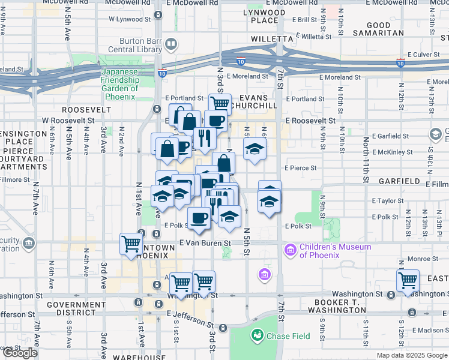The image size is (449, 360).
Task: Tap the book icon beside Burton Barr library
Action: pyautogui.click(x=171, y=44)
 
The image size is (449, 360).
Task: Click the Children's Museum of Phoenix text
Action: pyautogui.click(x=335, y=251)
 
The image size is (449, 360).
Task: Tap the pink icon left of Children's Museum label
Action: pyautogui.click(x=291, y=248)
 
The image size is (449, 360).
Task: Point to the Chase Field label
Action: pyautogui.click(x=288, y=336)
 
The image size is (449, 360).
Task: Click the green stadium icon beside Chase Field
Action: pyautogui.click(x=258, y=335)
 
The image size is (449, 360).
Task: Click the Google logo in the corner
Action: pyautogui.click(x=20, y=353)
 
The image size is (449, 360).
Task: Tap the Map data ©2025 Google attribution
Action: pyautogui.click(x=412, y=355)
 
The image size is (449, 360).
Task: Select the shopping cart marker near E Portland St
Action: pyautogui.click(x=220, y=104)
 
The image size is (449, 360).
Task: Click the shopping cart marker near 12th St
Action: pyautogui.click(x=408, y=281)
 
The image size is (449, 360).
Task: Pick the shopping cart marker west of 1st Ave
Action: pyautogui.click(x=131, y=244)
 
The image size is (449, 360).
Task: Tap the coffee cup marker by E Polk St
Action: pyautogui.click(x=199, y=218)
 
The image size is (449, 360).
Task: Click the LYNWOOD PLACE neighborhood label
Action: pyautogui.click(x=265, y=16)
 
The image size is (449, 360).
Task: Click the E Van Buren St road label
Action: pyautogui.click(x=205, y=243)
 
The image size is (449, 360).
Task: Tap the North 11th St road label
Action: pyautogui.click(x=366, y=159)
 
